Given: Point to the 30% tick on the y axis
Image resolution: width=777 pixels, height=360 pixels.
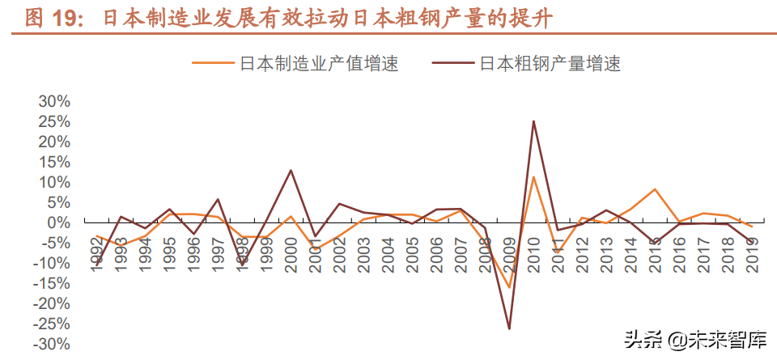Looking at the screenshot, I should coord(53,102).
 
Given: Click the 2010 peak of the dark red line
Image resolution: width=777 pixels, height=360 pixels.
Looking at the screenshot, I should coord(533,121).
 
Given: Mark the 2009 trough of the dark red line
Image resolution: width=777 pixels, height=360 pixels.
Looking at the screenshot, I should coord(509,328).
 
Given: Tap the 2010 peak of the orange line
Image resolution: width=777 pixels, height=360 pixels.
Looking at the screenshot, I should coord(533,177).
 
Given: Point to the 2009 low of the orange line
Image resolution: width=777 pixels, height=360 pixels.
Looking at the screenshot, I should coord(509,287).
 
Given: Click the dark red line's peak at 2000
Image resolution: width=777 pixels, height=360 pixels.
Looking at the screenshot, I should coord(291,171).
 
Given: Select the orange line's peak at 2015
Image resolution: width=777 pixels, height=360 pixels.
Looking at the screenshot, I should coord(655,189).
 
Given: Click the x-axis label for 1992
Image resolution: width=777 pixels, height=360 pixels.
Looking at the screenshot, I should coord(96,250).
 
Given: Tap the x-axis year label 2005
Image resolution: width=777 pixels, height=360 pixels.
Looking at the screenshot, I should coord(412,250).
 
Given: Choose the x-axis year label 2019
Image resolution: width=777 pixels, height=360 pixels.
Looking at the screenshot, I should coord(752,250).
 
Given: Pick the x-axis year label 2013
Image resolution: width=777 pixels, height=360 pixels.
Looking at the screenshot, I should coord(606,250).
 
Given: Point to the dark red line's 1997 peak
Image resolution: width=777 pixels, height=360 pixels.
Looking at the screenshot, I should coord(218,199).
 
